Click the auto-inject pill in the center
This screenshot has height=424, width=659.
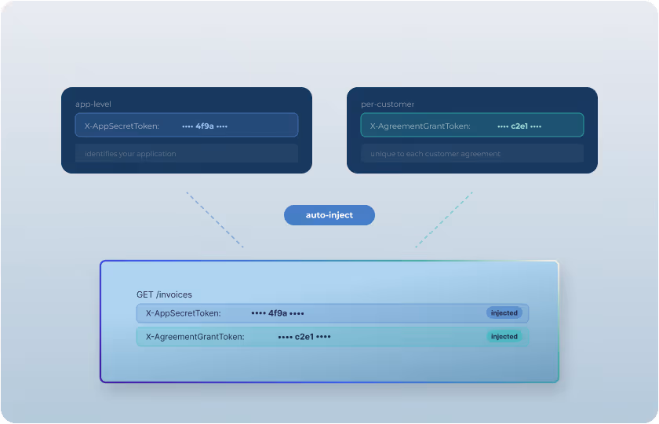click(x=329, y=215)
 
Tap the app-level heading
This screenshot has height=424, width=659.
click(x=93, y=104)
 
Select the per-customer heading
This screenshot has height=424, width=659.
click(x=381, y=104)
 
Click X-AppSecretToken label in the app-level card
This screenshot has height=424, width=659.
click(x=122, y=126)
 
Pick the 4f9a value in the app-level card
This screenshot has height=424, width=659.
click(x=205, y=126)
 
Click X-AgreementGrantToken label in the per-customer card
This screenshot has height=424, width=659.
click(x=420, y=126)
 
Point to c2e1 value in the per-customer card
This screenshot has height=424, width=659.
click(x=519, y=126)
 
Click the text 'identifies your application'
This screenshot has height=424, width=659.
click(x=130, y=154)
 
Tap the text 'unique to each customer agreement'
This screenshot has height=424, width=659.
click(x=435, y=154)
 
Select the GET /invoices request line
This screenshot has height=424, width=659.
click(x=164, y=294)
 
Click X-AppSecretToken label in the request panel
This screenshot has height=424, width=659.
click(x=183, y=313)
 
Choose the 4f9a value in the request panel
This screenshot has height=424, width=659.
click(x=278, y=313)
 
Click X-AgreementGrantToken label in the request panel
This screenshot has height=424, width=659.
click(x=195, y=337)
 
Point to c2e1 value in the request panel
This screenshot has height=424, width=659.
click(x=304, y=337)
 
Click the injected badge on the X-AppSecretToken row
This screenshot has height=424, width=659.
click(x=504, y=313)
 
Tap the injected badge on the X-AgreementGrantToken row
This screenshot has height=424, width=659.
click(x=504, y=336)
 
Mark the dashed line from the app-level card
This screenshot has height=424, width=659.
click(x=214, y=220)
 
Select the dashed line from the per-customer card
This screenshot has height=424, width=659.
click(x=444, y=220)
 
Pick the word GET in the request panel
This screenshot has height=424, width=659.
click(x=144, y=294)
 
